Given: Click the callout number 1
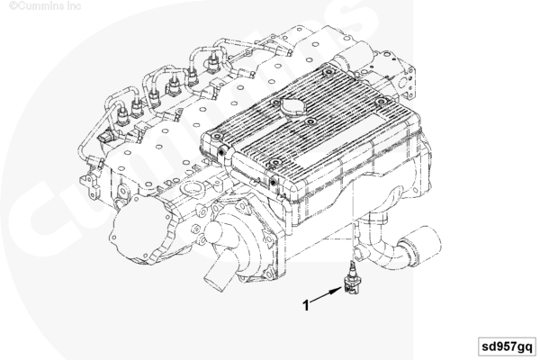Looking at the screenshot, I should (306, 305).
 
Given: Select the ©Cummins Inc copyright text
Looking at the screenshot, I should (36, 5).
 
